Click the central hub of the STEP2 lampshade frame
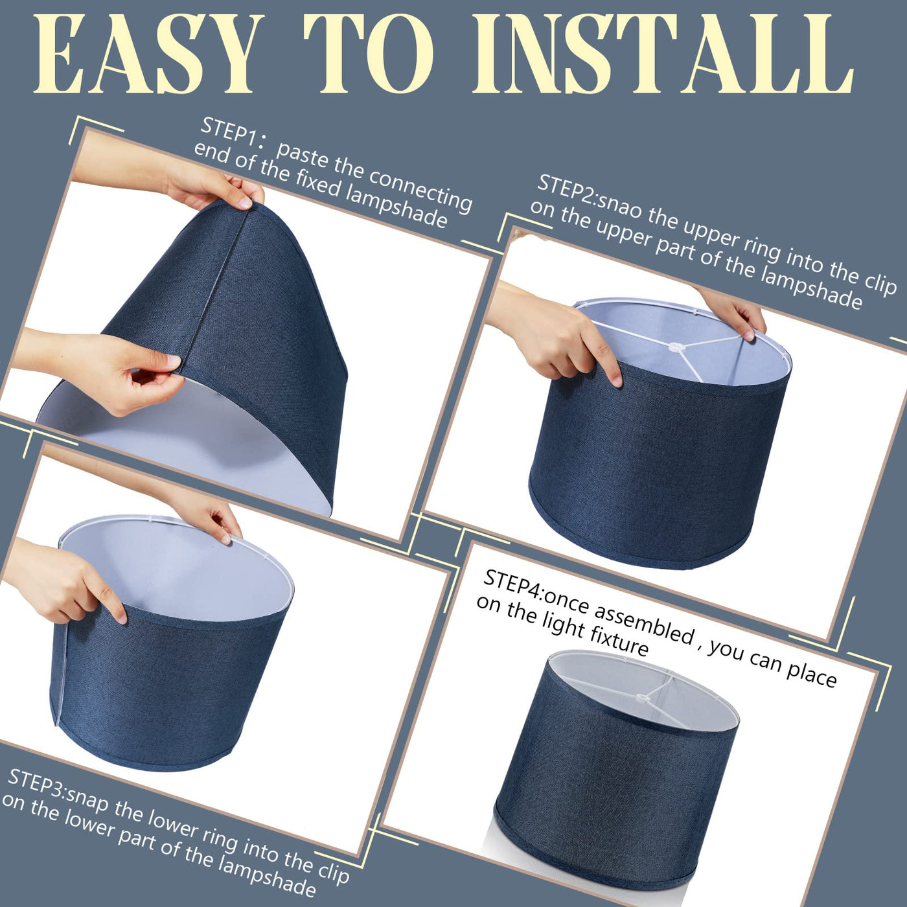tap(676, 348)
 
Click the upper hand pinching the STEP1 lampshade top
tap(207, 186)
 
